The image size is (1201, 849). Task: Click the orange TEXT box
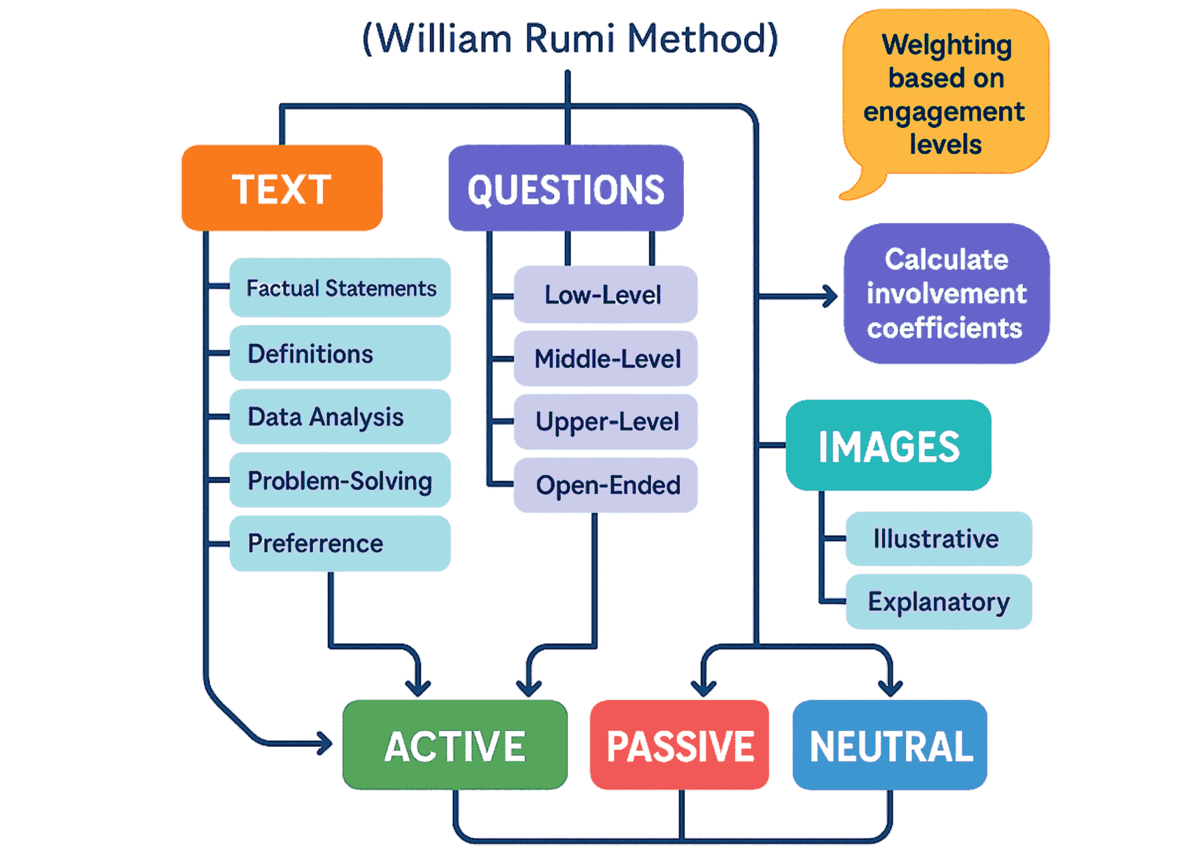pyautogui.click(x=282, y=188)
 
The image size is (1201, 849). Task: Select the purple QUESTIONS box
pyautogui.click(x=566, y=188)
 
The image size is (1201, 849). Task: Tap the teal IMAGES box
pyautogui.click(x=889, y=446)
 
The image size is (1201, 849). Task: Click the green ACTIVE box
pyautogui.click(x=455, y=745)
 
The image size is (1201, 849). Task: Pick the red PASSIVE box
pyautogui.click(x=680, y=745)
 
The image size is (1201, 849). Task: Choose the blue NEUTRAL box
pyautogui.click(x=890, y=745)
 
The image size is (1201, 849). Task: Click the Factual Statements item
pyautogui.click(x=340, y=288)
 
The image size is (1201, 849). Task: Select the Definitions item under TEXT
pyautogui.click(x=340, y=354)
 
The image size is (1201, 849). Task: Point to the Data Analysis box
pyautogui.click(x=340, y=417)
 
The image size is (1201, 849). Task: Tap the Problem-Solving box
pyautogui.click(x=340, y=480)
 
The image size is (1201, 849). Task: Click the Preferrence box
pyautogui.click(x=340, y=543)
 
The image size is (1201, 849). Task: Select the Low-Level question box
pyautogui.click(x=605, y=295)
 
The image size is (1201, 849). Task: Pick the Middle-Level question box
pyautogui.click(x=605, y=358)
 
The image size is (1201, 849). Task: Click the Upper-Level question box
pyautogui.click(x=605, y=421)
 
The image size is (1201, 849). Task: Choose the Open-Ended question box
pyautogui.click(x=605, y=485)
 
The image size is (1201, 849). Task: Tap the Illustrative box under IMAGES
pyautogui.click(x=939, y=539)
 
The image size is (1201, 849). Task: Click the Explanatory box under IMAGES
pyautogui.click(x=939, y=602)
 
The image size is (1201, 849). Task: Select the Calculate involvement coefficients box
pyautogui.click(x=946, y=294)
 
